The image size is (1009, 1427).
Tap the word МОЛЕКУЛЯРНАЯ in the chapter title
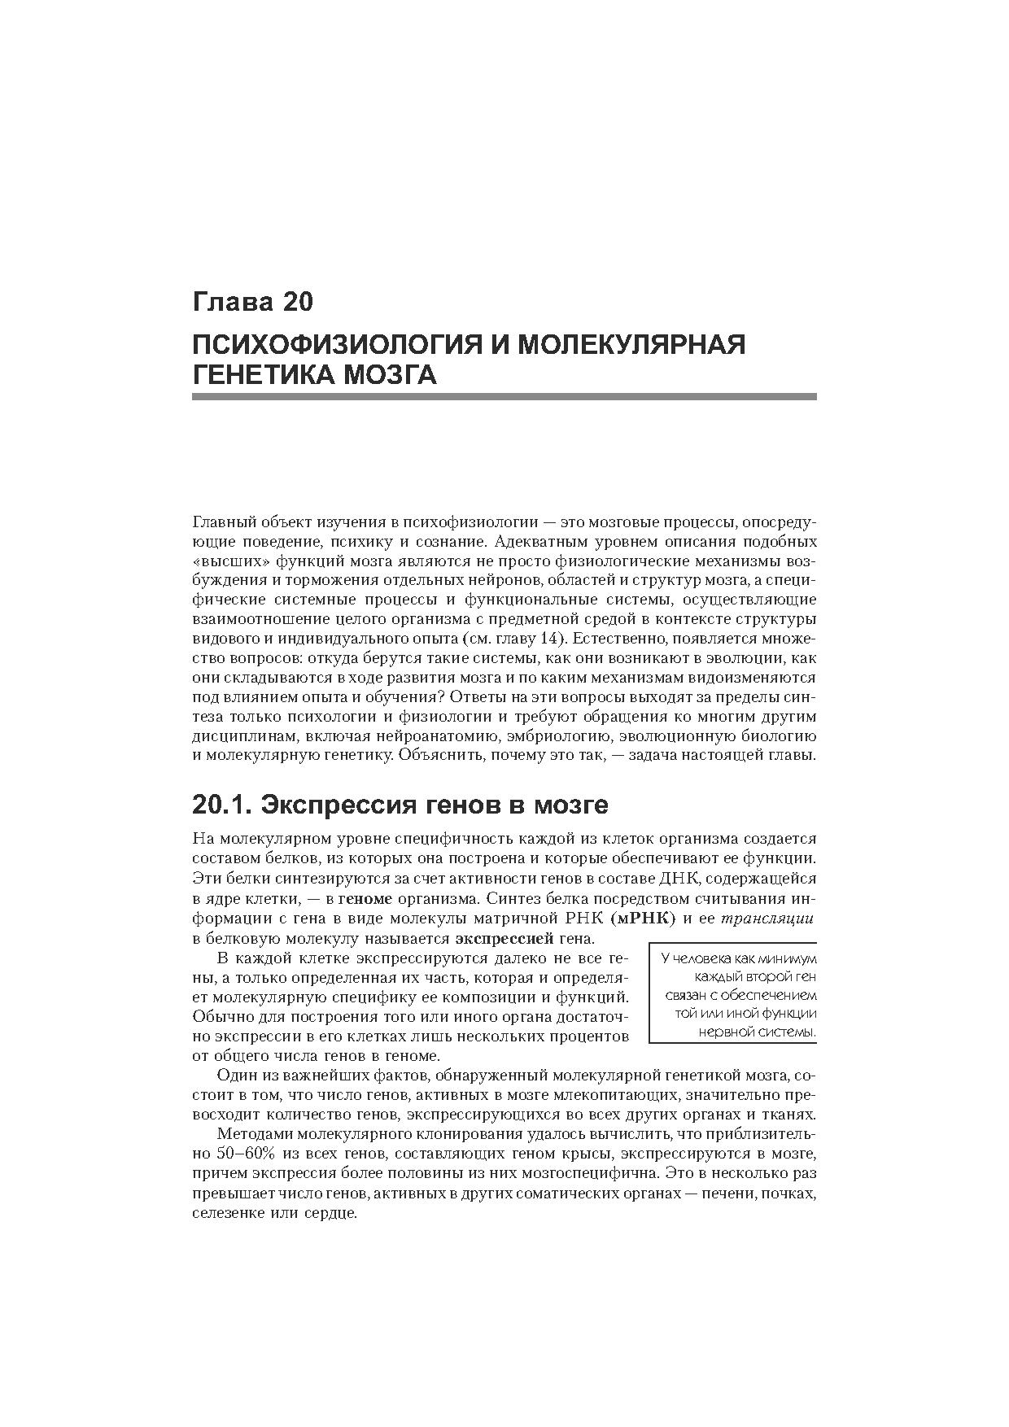pos(631,344)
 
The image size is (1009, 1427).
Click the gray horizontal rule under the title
pos(504,396)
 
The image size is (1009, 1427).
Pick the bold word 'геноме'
pos(365,899)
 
